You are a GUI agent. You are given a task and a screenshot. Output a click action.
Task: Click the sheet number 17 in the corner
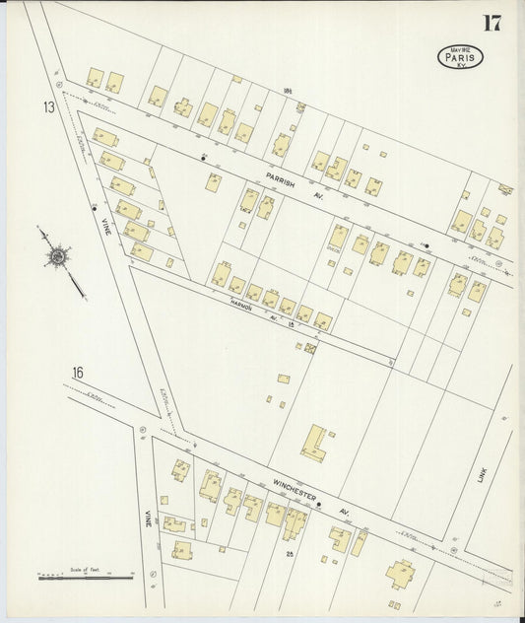pos(492,23)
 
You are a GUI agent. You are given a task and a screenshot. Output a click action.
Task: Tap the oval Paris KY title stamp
pos(460,56)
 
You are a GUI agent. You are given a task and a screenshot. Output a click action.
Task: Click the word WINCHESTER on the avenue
pos(294,492)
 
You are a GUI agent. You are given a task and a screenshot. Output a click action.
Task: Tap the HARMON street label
pos(242,307)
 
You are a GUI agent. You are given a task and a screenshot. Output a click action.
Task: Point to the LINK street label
pos(482,475)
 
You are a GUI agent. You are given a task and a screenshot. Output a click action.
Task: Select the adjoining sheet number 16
pos(78,373)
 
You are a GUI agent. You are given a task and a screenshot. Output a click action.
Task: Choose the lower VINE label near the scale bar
pos(148,518)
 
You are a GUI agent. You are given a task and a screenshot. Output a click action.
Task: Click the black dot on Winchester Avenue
pos(318,504)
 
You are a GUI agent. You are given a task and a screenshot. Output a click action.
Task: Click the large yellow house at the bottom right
pos(401,572)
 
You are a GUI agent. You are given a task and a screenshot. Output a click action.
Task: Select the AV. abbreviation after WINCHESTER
pos(345,512)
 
